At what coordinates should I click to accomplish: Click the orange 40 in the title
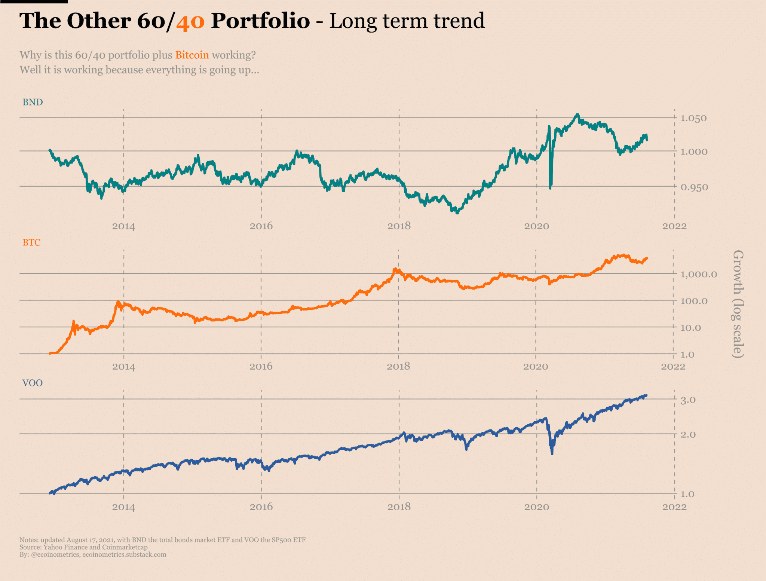(190, 21)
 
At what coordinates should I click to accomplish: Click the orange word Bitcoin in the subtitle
(192, 55)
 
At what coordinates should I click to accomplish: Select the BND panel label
(33, 102)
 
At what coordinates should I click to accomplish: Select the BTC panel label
(31, 242)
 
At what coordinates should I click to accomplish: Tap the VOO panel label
(33, 383)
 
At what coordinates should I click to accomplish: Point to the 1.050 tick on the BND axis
(693, 118)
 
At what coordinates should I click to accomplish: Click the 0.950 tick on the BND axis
(694, 187)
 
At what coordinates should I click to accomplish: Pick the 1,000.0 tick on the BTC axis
(698, 274)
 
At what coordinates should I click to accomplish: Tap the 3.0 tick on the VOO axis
(688, 400)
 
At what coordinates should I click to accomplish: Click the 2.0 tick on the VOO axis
(688, 435)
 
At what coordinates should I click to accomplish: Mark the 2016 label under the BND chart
(261, 226)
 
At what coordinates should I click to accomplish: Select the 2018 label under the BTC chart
(398, 366)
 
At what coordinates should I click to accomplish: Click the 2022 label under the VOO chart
(674, 507)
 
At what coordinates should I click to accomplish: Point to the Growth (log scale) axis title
(738, 304)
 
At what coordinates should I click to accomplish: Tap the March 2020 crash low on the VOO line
(552, 453)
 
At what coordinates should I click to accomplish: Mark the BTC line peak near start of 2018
(395, 269)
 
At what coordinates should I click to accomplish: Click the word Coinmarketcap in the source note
(125, 547)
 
